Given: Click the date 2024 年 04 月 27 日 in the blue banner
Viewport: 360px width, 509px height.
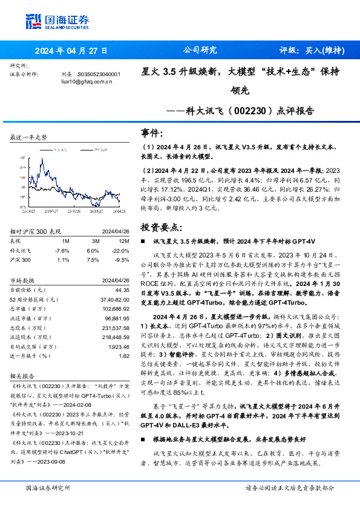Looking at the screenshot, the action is tap(71, 51).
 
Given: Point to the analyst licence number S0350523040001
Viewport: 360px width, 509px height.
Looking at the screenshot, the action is tap(99, 74).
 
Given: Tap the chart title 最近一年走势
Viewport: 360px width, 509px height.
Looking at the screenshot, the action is tap(28, 138).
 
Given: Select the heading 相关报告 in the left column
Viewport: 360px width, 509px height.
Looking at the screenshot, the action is tap(22, 375).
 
